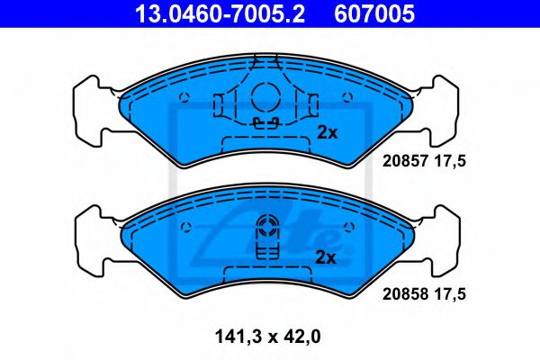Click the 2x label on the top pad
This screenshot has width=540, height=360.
pos(326,132)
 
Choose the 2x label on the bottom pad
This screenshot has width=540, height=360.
pos(326,257)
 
